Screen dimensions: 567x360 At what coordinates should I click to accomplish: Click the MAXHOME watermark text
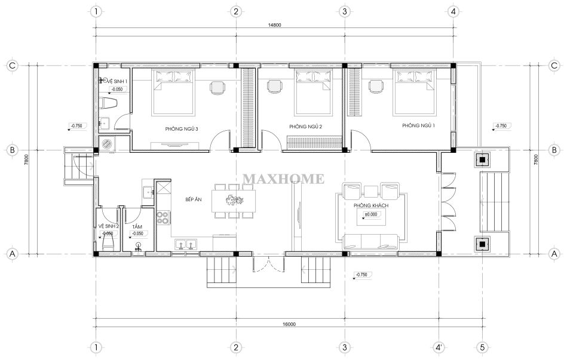point(283,179)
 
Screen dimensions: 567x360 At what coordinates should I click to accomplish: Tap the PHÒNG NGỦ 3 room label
point(182,129)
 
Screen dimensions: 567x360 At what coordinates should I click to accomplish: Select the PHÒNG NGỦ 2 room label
point(305,127)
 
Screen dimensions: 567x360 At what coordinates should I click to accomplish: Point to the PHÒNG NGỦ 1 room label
point(418,125)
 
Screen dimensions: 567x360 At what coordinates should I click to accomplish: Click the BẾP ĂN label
point(194,199)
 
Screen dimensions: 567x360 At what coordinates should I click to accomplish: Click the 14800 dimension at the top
point(274,25)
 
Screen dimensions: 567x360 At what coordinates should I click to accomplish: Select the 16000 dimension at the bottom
point(289,324)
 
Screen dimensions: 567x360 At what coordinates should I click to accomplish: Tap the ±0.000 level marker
point(370,214)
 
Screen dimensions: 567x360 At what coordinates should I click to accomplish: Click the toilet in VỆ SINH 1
point(108,103)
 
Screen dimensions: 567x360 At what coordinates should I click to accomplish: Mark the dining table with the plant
point(234,201)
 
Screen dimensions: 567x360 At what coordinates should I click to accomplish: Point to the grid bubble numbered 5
point(482,347)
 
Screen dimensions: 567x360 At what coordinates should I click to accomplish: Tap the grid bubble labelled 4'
point(439,347)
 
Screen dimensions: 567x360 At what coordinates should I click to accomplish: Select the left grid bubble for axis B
point(13,150)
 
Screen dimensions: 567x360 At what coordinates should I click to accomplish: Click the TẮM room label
point(137,227)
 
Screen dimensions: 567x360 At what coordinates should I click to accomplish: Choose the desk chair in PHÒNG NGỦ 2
point(274,87)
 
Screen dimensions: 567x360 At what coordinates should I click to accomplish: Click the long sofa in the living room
point(371,242)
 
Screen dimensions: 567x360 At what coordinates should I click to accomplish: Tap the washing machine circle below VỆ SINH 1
point(107,143)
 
